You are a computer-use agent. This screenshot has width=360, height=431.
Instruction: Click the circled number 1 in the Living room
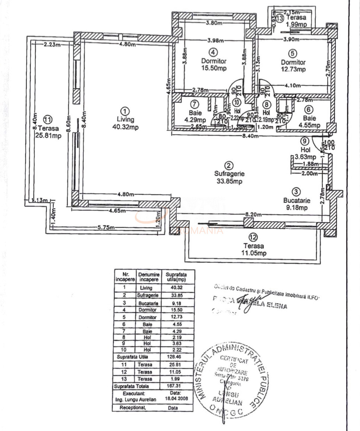tap(125, 111)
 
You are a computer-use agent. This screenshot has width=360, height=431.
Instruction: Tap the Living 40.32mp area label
tap(125, 123)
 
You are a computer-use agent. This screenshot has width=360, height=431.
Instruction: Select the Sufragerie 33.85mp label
tap(229, 177)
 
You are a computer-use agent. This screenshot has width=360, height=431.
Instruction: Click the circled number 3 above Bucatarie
tap(296, 191)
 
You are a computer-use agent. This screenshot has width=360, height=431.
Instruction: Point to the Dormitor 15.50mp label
tap(214, 64)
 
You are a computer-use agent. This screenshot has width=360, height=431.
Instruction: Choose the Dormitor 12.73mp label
tap(293, 66)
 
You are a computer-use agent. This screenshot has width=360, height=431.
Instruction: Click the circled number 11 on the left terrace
tap(47, 120)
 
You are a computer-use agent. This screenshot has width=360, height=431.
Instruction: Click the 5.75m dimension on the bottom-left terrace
tap(107, 228)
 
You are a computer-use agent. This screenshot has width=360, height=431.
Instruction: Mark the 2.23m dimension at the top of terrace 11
tap(51, 45)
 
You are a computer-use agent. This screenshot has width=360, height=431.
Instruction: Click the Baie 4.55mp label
tap(309, 122)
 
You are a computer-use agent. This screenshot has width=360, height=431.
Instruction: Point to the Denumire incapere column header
tap(149, 276)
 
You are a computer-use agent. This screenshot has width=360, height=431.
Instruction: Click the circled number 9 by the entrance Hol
tap(304, 141)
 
